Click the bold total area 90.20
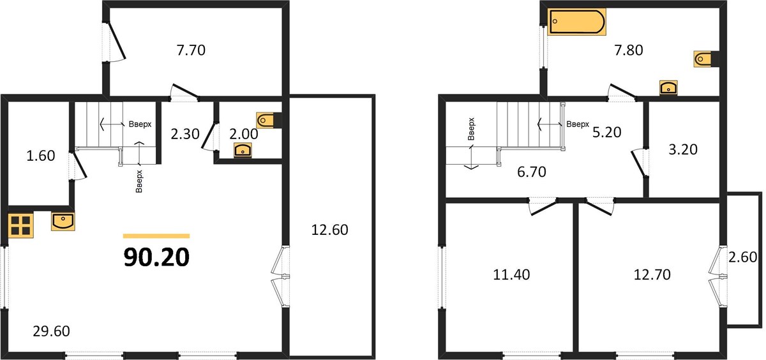coord(156,257)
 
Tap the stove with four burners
coord(21,225)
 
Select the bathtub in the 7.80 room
coord(576,22)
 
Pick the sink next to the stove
coord(63,221)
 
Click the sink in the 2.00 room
coord(243,150)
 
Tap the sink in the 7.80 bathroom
coord(668,87)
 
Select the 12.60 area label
coord(329,230)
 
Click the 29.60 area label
coord(51,331)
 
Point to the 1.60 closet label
coord(41,156)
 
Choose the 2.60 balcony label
coord(742,257)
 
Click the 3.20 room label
coord(683,149)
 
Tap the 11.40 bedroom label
coord(511,274)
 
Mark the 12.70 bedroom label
coord(652,274)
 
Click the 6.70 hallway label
coord(531,172)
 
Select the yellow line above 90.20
coord(156,236)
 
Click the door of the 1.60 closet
coord(79,165)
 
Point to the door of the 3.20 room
coord(638,163)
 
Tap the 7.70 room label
coord(191,50)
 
